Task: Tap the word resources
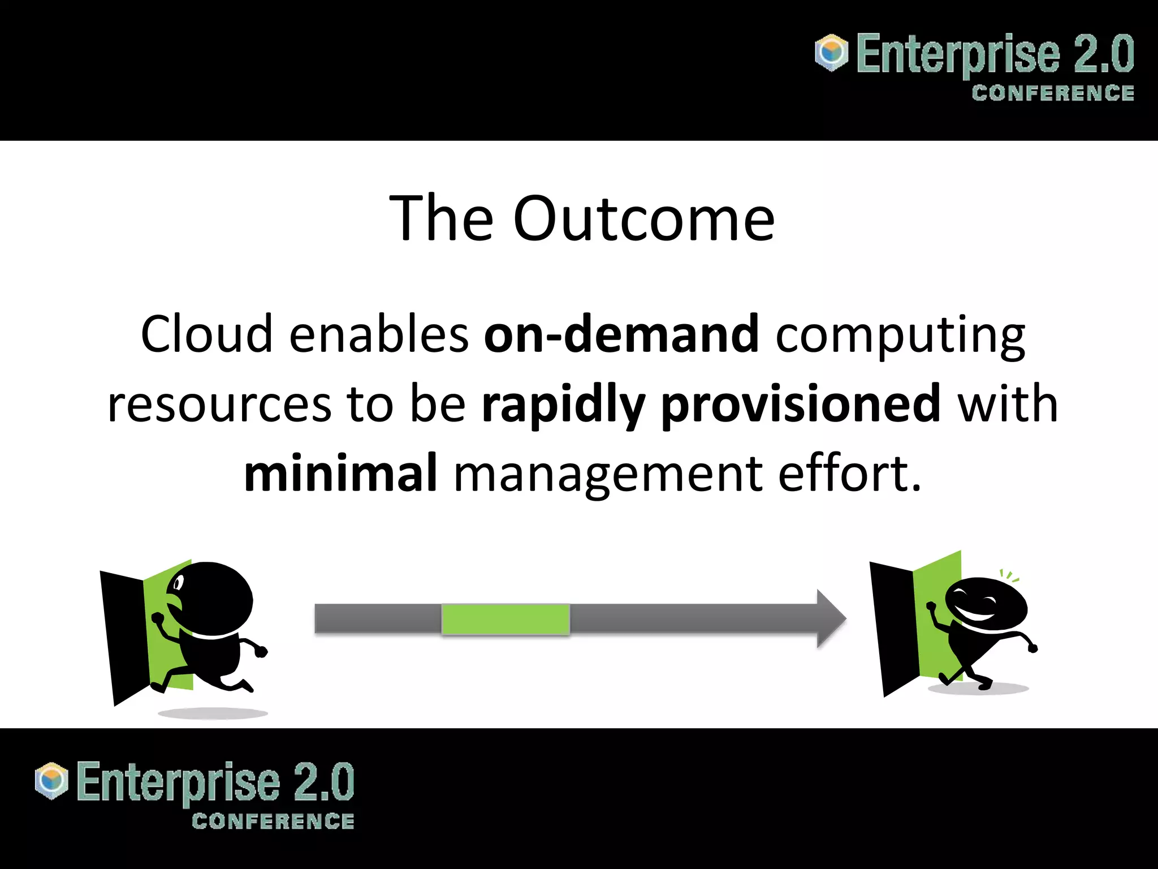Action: click(x=219, y=405)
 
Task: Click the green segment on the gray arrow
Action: click(x=505, y=620)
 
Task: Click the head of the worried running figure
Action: click(x=212, y=599)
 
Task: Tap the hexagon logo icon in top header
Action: click(x=832, y=53)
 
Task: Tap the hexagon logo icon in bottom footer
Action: click(x=51, y=781)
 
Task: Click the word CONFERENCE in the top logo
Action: click(x=1053, y=93)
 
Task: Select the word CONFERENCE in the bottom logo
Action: click(x=273, y=821)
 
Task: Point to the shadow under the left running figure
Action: click(x=213, y=713)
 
